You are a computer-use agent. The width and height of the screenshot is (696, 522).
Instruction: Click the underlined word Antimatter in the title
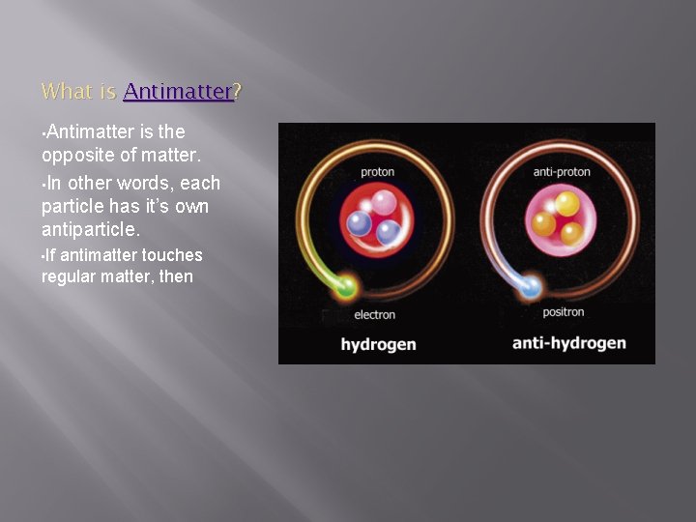(178, 92)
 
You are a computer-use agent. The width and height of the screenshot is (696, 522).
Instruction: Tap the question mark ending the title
(238, 92)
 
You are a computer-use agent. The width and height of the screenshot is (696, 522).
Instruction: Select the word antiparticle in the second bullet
(90, 230)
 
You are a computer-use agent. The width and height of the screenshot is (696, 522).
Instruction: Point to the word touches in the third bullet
(172, 255)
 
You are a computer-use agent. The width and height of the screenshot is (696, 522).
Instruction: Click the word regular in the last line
(70, 276)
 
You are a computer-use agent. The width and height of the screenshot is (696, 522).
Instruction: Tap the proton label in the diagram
(377, 172)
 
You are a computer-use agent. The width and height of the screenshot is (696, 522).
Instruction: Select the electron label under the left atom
(374, 315)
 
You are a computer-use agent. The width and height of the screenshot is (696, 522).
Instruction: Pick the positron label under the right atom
(564, 312)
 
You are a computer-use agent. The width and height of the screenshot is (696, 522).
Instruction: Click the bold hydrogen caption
(378, 344)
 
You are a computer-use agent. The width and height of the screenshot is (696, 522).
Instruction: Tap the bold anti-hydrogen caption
(568, 343)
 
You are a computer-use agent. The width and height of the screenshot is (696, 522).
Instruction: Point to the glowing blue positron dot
(530, 286)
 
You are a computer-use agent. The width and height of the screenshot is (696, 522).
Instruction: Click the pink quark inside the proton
(385, 203)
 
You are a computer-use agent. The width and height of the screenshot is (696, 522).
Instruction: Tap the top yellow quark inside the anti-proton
(566, 203)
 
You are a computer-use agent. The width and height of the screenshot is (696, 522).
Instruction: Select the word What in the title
(66, 92)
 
